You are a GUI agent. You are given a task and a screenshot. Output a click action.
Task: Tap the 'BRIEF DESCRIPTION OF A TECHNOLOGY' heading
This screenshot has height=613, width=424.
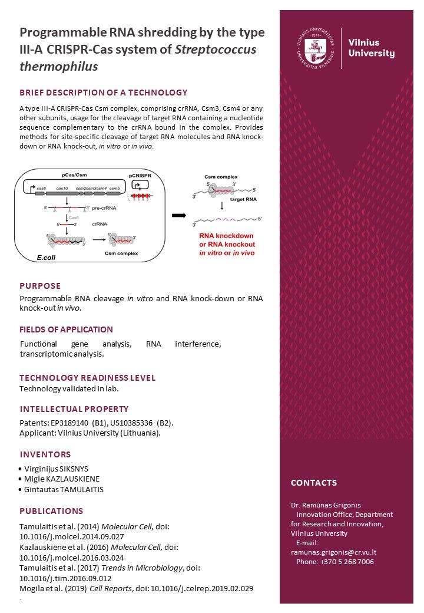104,93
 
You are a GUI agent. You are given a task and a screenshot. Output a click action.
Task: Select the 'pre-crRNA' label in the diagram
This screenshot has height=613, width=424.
105,208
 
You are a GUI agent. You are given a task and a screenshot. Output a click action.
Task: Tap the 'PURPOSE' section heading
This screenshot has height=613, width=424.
40,286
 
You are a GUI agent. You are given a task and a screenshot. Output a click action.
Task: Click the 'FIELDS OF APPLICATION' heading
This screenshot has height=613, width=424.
66,329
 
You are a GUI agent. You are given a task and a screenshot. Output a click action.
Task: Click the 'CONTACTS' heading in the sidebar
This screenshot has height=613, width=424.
314,483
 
